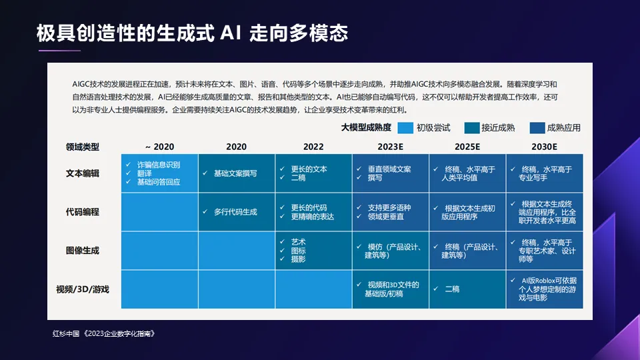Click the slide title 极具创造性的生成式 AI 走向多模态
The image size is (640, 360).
pos(192,33)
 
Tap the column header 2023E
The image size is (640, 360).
pos(390,147)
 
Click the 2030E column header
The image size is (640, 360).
pos(544,147)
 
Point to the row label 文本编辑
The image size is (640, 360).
pos(83,173)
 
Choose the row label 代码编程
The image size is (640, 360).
pos(83,212)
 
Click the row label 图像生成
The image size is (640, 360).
pos(83,251)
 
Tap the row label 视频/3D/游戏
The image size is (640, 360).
pos(83,289)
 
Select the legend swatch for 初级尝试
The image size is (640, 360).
pos(405,128)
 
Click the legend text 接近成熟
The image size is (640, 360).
pos(497,128)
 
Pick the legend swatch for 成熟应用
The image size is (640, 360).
pos(537,128)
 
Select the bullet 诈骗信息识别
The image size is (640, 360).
pos(158,165)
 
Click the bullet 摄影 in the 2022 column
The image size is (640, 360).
pos(298,259)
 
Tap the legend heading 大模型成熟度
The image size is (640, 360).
pos(366,128)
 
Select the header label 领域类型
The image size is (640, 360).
pos(83,147)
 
